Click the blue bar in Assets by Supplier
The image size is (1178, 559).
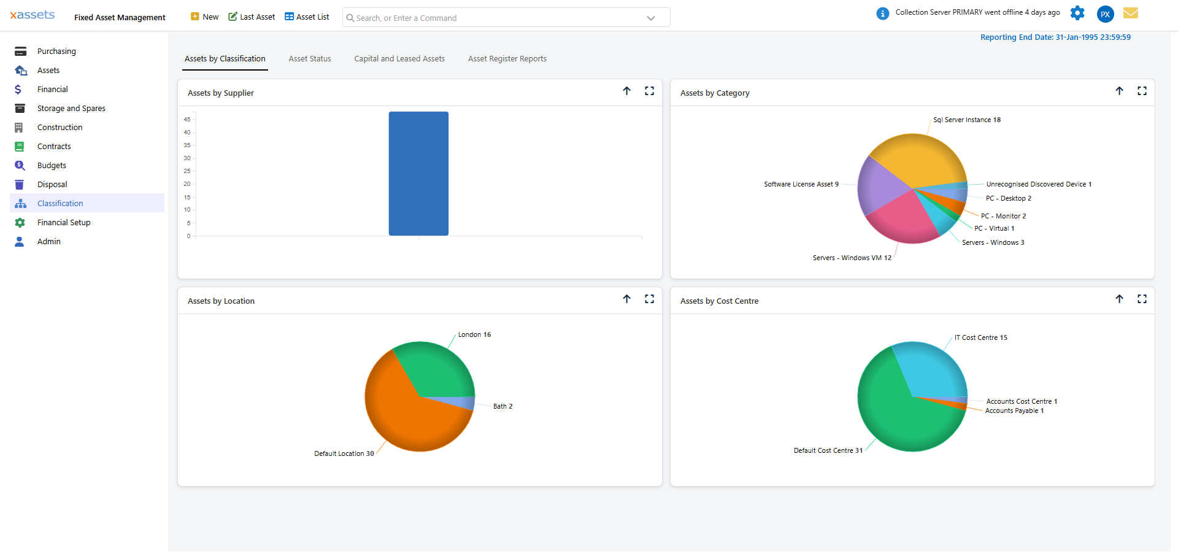tap(418, 174)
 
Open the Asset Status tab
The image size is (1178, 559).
tap(310, 59)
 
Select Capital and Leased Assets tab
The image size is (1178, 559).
tap(399, 59)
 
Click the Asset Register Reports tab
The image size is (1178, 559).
tap(507, 59)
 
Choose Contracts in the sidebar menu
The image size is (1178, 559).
tap(54, 147)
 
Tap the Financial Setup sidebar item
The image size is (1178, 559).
tap(63, 223)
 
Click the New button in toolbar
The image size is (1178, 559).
tap(205, 17)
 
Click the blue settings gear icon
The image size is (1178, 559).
tap(1077, 13)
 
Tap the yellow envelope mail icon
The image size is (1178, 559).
tap(1130, 13)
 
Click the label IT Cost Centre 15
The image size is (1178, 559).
tap(980, 338)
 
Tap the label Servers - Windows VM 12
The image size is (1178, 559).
tap(852, 258)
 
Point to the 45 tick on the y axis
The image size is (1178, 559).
tap(187, 120)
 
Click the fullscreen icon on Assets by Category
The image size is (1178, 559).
tap(1142, 91)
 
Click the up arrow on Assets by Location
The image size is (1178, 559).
tap(626, 299)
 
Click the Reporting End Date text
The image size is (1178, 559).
tap(1055, 37)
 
